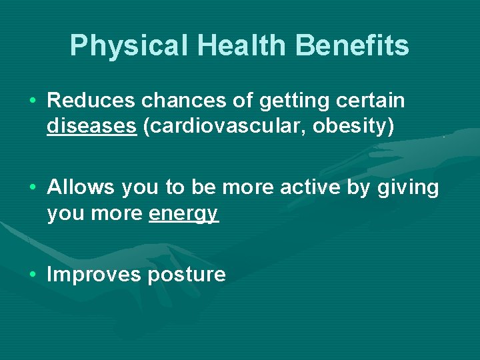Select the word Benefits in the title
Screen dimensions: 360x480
click(354, 46)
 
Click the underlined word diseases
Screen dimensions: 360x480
click(91, 126)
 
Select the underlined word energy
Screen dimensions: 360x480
click(184, 213)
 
